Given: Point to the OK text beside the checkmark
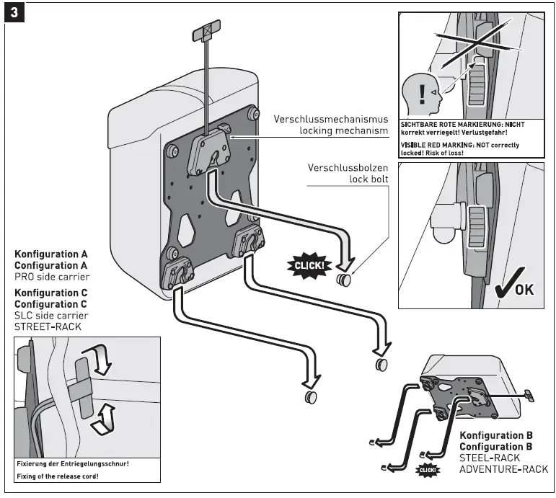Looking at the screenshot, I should click(x=524, y=289).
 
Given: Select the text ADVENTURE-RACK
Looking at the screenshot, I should click(x=503, y=469).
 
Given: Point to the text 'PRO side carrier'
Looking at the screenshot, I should click(x=50, y=276).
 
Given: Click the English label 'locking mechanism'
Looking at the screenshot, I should click(x=344, y=130).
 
